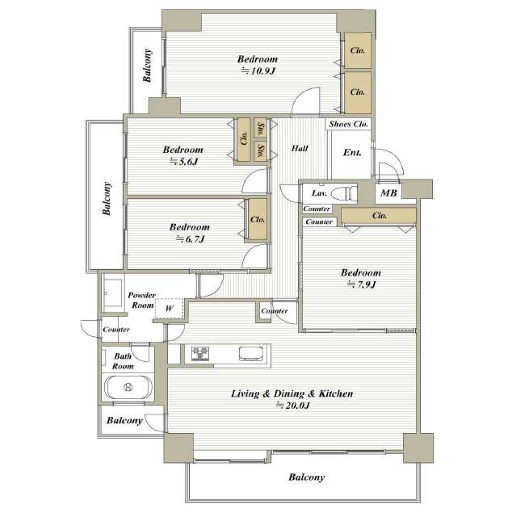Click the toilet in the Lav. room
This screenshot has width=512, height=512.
pyautogui.click(x=344, y=194)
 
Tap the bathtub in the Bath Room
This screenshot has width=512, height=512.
pyautogui.click(x=128, y=387)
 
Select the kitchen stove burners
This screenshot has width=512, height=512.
pyautogui.click(x=200, y=354)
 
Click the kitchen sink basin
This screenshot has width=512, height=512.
pyautogui.click(x=251, y=354)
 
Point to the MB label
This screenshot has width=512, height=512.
pyautogui.click(x=388, y=193)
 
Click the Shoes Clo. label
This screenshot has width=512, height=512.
pyautogui.click(x=348, y=124)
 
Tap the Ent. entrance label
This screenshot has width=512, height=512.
pyautogui.click(x=352, y=152)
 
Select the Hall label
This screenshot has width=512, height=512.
pyautogui.click(x=300, y=148)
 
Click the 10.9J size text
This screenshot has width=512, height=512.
pyautogui.click(x=259, y=71)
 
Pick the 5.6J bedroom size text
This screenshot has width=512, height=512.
pyautogui.click(x=184, y=161)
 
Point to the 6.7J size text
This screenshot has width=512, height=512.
pyautogui.click(x=190, y=239)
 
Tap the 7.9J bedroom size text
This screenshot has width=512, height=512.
pyautogui.click(x=362, y=284)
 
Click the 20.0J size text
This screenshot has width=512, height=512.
pyautogui.click(x=293, y=405)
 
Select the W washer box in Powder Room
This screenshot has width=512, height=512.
pyautogui.click(x=169, y=308)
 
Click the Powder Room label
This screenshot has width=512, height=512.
pyautogui.click(x=141, y=300)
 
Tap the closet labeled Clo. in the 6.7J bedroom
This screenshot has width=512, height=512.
pyautogui.click(x=257, y=220)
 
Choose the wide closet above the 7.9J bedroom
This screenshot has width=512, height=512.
pyautogui.click(x=379, y=216)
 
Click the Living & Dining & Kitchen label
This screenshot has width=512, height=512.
pyautogui.click(x=292, y=394)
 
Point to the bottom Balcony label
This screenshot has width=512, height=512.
pyautogui.click(x=307, y=477)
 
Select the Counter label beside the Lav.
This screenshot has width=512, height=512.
pyautogui.click(x=316, y=209)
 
